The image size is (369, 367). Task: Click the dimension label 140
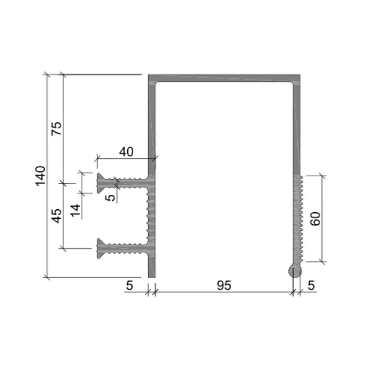pos(41,176)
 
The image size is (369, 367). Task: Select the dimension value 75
pos(57,129)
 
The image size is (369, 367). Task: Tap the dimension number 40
pos(126,152)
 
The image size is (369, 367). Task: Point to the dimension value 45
pos(57,216)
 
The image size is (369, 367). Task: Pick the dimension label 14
pos(75,210)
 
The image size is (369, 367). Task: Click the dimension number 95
pos(224,286)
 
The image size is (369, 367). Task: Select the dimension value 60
pos(315,219)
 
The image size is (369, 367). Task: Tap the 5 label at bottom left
pos(130,286)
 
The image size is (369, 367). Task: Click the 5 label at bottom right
pos(311,286)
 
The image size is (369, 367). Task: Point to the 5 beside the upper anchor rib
pos(110,197)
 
